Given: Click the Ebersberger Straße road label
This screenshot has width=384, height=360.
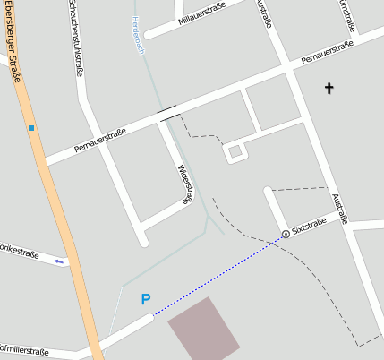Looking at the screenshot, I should [x=11, y=40].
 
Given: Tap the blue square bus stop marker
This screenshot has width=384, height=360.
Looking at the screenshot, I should [x=31, y=128].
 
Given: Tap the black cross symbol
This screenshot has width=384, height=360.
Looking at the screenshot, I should [x=329, y=88].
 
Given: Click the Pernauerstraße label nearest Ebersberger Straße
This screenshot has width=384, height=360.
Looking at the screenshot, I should [x=100, y=140].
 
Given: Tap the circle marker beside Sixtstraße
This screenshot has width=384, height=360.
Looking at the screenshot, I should [x=286, y=234].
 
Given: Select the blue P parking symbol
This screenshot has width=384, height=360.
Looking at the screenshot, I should [x=146, y=300].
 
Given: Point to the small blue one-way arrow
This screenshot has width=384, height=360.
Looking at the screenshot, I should [x=60, y=261].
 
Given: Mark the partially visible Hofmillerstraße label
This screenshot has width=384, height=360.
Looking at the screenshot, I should [x=24, y=353].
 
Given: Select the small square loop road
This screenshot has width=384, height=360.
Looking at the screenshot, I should [x=235, y=152].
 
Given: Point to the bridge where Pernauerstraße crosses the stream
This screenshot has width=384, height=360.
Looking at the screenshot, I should [x=166, y=113].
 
